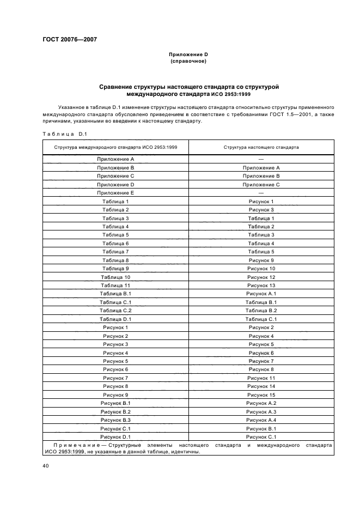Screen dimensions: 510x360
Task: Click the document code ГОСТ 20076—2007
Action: [x=66, y=39]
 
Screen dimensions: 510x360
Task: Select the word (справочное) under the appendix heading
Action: [x=188, y=62]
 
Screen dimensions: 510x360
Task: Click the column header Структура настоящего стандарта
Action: [x=261, y=147]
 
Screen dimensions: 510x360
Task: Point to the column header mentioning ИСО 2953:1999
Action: [x=115, y=147]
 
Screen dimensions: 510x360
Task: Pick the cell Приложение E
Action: [x=115, y=193]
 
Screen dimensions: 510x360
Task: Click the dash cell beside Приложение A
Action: [x=261, y=159]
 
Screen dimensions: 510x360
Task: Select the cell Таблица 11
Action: [x=115, y=286]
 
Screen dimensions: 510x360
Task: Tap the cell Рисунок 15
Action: [x=261, y=394]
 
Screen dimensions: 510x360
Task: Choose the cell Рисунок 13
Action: [x=261, y=286]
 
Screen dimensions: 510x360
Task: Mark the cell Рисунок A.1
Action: [x=261, y=294]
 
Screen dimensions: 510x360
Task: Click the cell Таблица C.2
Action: [x=115, y=311]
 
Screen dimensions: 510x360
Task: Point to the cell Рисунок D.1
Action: [x=115, y=436]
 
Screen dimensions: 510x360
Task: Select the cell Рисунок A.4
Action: [x=261, y=420]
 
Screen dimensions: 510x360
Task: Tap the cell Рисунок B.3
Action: [x=115, y=420]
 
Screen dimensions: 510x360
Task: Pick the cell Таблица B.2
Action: [x=261, y=311]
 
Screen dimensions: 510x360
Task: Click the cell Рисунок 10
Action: [x=261, y=269]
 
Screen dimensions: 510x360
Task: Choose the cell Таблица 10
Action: [x=115, y=277]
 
